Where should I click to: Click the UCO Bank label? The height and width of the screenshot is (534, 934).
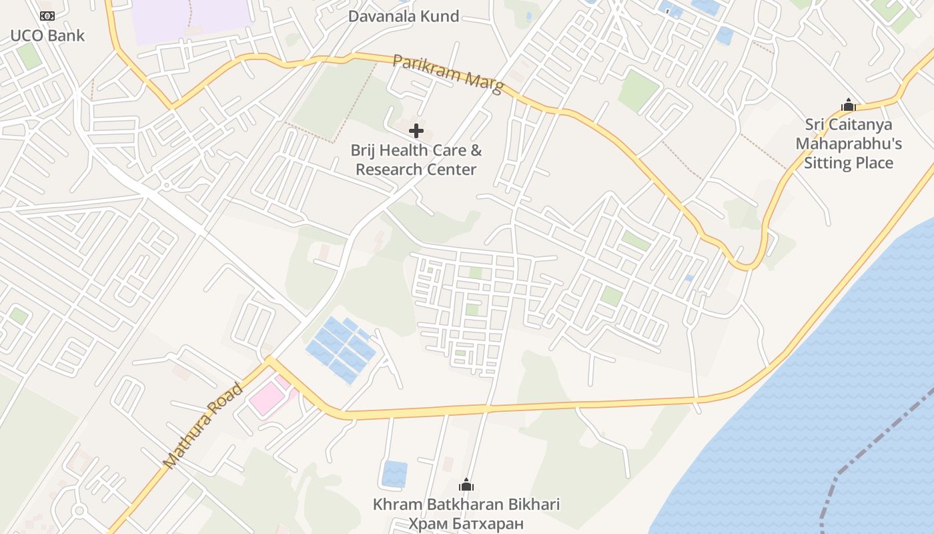[47, 35]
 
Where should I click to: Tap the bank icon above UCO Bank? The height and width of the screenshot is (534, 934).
[47, 15]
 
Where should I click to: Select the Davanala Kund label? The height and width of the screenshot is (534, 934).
[404, 16]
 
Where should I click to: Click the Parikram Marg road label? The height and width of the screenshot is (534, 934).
[448, 73]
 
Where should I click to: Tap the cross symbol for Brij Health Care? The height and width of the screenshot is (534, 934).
[416, 130]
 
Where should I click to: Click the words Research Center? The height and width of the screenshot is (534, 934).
[416, 170]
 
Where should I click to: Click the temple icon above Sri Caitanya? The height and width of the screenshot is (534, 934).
[848, 105]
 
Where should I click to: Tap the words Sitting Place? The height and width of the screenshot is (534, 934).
[848, 163]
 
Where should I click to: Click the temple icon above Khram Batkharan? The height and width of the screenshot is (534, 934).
[466, 485]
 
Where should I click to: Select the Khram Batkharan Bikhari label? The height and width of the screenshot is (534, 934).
[466, 504]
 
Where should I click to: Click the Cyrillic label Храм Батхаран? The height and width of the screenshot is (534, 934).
[466, 523]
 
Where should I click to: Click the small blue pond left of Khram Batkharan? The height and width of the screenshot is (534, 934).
[394, 473]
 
